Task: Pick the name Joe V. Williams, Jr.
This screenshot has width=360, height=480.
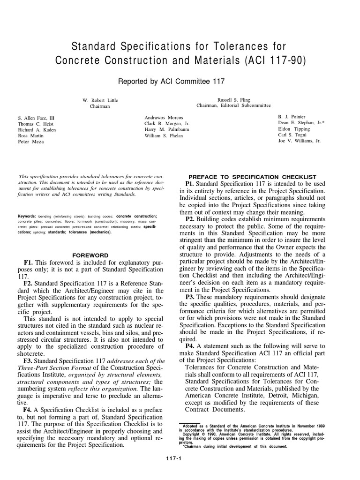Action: point(299,141)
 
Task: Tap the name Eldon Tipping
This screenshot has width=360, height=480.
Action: point(294,129)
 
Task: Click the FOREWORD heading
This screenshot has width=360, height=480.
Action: point(90,255)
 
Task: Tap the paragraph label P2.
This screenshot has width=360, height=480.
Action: point(190,219)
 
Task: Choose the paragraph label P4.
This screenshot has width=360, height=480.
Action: point(190,346)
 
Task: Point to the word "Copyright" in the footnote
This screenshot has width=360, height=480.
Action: point(194,434)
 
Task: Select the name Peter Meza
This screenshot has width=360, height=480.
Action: point(31,141)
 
